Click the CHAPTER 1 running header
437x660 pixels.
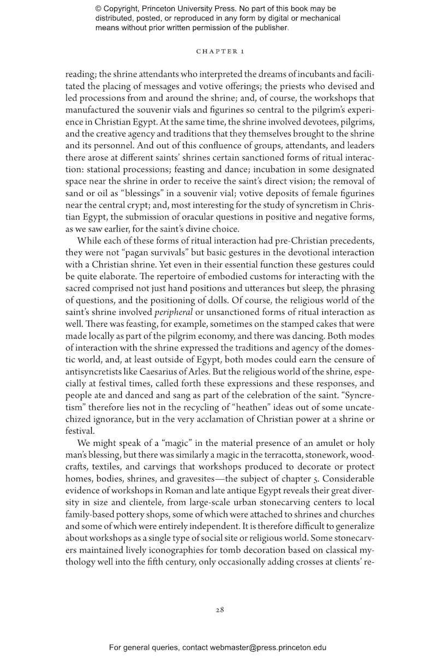pyautogui.click(x=220, y=51)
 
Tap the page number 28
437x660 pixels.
pyautogui.click(x=220, y=610)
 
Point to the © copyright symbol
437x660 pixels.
pyautogui.click(x=99, y=9)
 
